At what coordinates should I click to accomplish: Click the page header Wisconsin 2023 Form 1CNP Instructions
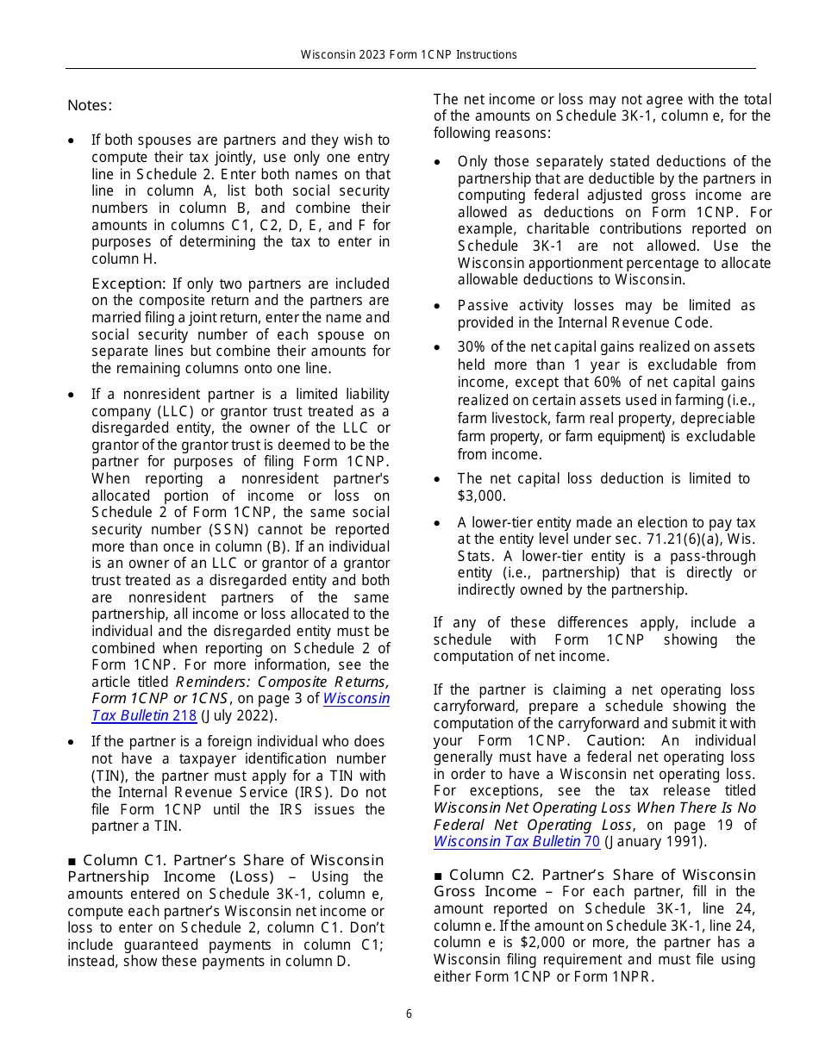click(x=409, y=54)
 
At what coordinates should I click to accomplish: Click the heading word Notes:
click(x=90, y=106)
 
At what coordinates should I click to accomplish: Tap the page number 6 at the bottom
click(x=409, y=1014)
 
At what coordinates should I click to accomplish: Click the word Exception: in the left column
click(x=128, y=284)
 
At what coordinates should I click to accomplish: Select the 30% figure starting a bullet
click(x=472, y=347)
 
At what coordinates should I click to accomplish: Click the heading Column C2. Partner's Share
click(x=595, y=875)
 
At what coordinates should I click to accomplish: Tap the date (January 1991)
click(x=655, y=842)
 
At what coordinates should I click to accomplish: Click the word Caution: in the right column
click(x=615, y=740)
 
